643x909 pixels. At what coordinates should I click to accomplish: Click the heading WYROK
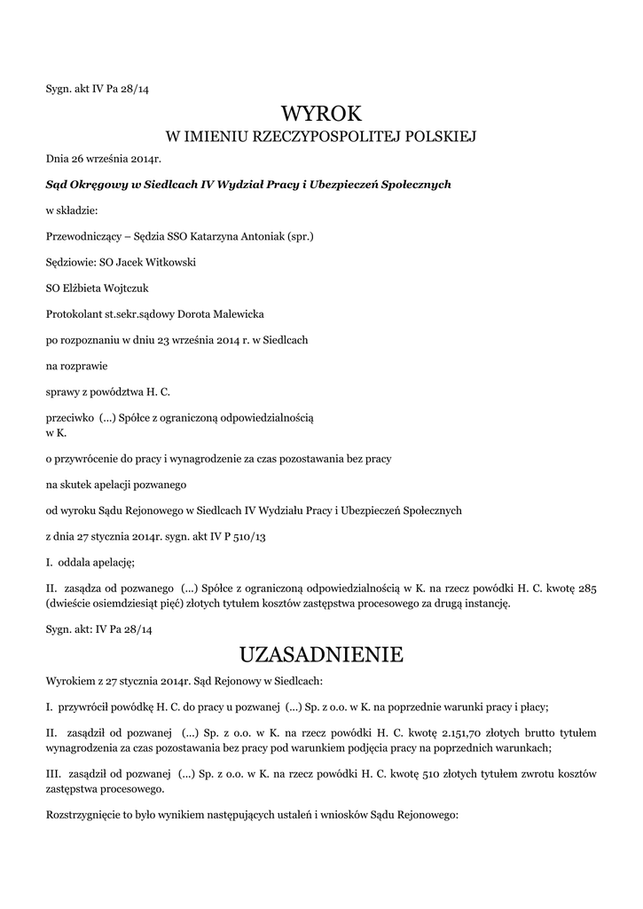[321, 113]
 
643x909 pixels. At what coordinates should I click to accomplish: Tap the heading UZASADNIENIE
[321, 655]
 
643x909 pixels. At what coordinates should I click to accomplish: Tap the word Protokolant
[75, 313]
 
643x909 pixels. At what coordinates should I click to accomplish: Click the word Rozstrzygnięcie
[86, 813]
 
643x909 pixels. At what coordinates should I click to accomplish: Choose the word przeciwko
[69, 415]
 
